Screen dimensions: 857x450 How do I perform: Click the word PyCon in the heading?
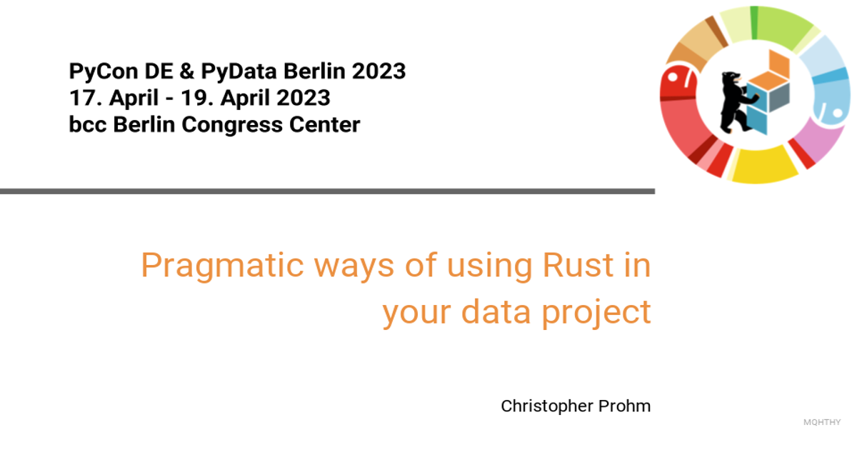coord(103,71)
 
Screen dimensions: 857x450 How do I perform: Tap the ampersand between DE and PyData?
coord(186,71)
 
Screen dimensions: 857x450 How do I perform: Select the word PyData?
coord(239,72)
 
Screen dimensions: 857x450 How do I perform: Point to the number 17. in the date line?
coord(86,98)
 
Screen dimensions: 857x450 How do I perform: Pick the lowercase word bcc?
coord(88,125)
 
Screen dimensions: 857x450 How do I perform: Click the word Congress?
coord(232,126)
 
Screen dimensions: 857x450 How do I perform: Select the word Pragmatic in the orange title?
coord(222,266)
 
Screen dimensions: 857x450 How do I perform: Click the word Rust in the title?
coord(578,265)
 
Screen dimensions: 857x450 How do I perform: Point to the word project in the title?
coord(596,312)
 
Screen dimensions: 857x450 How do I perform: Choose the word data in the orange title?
coord(496,311)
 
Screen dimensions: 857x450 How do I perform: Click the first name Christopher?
coord(547,406)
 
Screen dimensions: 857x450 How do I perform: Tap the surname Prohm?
coord(624,406)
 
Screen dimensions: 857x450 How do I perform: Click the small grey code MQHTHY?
coord(822,422)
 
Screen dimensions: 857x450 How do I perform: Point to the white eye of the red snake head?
coord(672,78)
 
